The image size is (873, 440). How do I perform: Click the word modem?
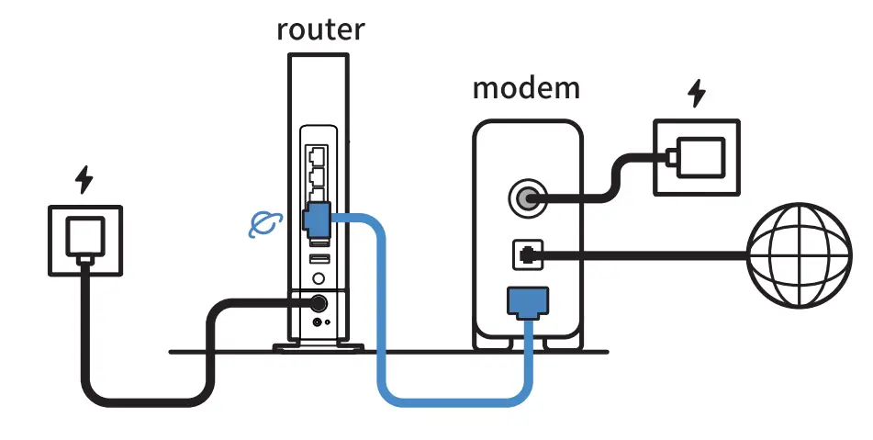(526, 88)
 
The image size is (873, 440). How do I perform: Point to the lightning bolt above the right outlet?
(699, 94)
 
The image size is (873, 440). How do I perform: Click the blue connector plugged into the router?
(315, 220)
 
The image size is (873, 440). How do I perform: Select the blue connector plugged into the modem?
(528, 299)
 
